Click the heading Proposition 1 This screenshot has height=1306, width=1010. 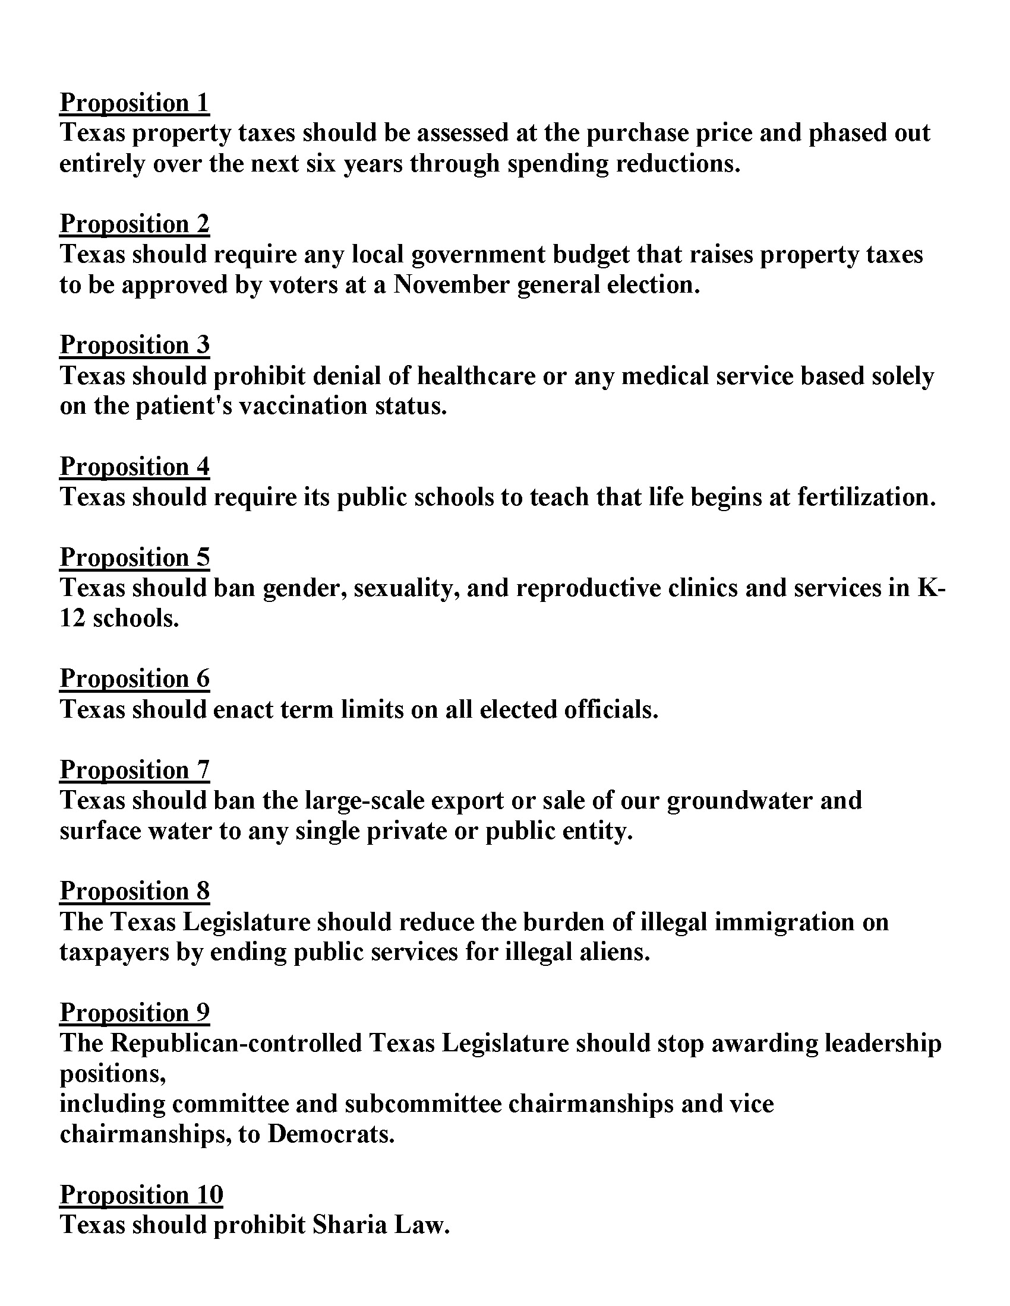135,103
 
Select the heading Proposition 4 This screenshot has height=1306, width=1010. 135,467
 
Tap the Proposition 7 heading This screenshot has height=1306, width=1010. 135,769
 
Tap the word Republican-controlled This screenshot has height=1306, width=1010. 236,1043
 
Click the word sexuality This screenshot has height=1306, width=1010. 407,588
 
